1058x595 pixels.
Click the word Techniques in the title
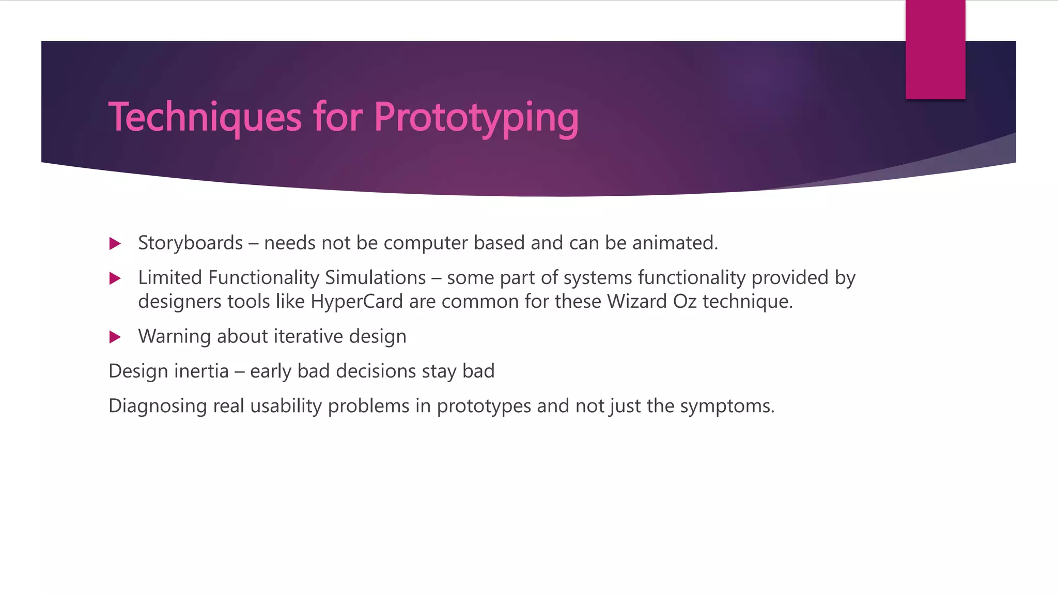point(205,118)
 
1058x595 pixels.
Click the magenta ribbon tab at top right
point(935,50)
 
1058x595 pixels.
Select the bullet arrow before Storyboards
point(115,244)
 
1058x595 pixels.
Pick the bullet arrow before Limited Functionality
point(115,279)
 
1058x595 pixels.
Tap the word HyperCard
point(356,302)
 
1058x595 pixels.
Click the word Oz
point(684,302)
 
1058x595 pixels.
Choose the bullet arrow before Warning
point(115,337)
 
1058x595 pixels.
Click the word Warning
point(174,337)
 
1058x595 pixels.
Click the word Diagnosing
point(158,406)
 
